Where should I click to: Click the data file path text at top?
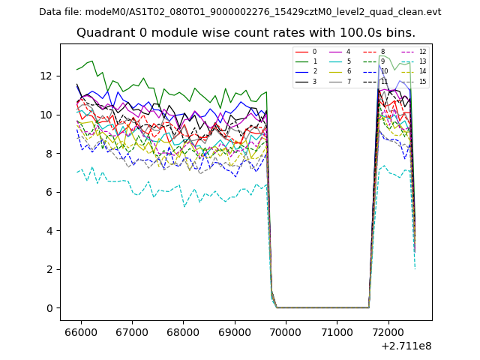(240, 12)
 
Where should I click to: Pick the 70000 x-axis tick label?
(286, 331)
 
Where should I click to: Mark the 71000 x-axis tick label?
(337, 331)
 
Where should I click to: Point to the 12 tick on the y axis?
(46, 76)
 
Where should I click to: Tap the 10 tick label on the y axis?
(46, 115)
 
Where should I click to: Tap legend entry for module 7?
(348, 81)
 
